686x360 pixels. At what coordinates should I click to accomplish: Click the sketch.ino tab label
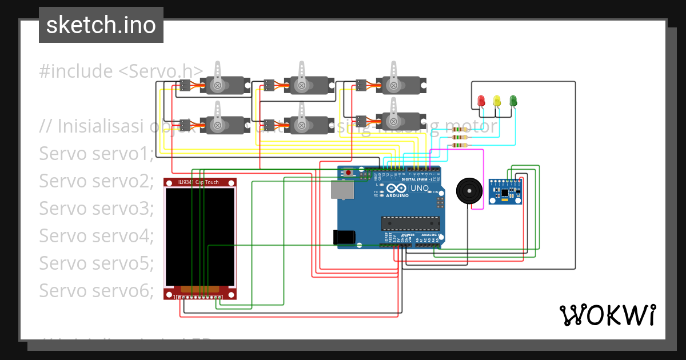[x=101, y=25]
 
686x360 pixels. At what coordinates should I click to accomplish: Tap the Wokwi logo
[x=607, y=315]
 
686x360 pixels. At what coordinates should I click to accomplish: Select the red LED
[x=481, y=101]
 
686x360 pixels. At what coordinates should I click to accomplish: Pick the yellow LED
[x=497, y=101]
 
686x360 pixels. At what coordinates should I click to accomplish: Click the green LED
[x=513, y=101]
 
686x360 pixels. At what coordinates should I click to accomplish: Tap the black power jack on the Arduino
[x=344, y=237]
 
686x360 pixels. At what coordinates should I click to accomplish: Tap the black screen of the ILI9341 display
[x=200, y=237]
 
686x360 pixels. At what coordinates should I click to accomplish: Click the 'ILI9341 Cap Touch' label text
[x=198, y=182]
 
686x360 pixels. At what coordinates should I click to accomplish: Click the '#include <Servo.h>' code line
[x=121, y=71]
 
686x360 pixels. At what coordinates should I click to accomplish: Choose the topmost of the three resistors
[x=459, y=130]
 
